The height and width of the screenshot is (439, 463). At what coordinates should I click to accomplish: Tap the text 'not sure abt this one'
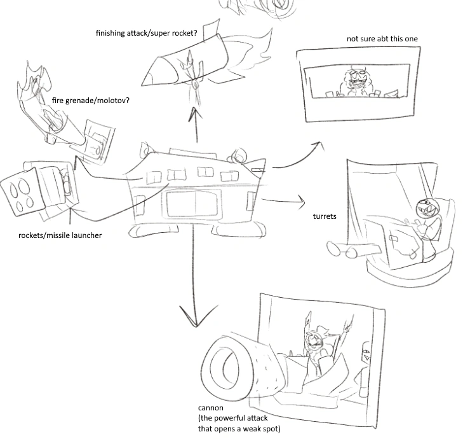382,39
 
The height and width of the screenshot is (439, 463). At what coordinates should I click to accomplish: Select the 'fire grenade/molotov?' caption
91,100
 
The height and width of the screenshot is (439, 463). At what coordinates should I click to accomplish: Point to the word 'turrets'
325,216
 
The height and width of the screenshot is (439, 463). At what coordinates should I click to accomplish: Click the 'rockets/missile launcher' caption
60,236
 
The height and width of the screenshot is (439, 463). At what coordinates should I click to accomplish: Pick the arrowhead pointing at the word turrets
300,204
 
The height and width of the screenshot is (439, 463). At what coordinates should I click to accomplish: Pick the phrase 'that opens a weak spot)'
239,429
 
